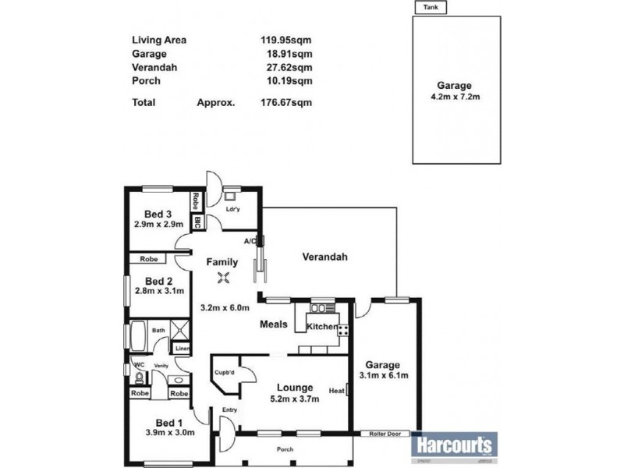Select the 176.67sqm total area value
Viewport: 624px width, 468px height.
(285, 102)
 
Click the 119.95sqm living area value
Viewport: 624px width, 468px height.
(285, 41)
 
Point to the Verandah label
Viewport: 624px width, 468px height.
(324, 257)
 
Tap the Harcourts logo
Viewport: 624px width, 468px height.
(454, 445)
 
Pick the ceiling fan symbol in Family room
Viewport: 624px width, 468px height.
(224, 281)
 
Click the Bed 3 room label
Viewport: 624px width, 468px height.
(158, 214)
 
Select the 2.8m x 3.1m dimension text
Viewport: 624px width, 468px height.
(158, 292)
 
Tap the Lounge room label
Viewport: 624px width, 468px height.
(294, 388)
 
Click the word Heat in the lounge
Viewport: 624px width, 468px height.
(337, 391)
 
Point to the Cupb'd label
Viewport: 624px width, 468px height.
(225, 374)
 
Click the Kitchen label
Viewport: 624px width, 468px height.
(321, 326)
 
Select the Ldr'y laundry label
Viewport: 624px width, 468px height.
(232, 210)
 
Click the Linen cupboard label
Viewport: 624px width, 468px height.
(181, 349)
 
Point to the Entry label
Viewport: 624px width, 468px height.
(229, 409)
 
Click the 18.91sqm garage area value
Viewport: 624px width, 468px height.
(290, 54)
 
